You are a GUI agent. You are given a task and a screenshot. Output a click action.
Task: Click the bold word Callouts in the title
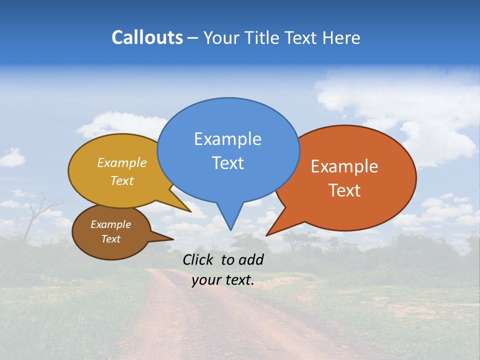tap(147, 37)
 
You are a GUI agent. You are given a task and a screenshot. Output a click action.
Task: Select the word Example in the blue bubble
tap(227, 139)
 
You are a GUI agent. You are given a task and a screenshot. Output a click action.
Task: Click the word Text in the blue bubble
tap(227, 162)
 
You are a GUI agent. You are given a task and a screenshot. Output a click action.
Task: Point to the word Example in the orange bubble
tap(344, 166)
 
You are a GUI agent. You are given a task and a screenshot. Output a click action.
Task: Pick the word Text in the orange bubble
tap(344, 190)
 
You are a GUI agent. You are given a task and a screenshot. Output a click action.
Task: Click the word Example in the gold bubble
tap(122, 163)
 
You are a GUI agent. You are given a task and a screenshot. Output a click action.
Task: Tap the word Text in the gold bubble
tap(122, 180)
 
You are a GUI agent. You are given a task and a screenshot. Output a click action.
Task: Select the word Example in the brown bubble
tap(110, 224)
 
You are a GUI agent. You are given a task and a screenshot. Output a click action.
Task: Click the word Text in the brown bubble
tap(110, 239)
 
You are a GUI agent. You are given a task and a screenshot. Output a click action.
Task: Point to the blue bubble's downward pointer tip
tap(230, 229)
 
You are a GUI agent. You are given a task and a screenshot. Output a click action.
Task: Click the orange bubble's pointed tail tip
tap(266, 235)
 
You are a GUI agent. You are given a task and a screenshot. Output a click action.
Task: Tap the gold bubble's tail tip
tap(190, 211)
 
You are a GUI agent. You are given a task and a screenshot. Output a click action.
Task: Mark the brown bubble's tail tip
tap(172, 239)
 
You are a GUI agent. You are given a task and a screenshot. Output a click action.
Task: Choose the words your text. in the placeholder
tap(222, 280)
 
